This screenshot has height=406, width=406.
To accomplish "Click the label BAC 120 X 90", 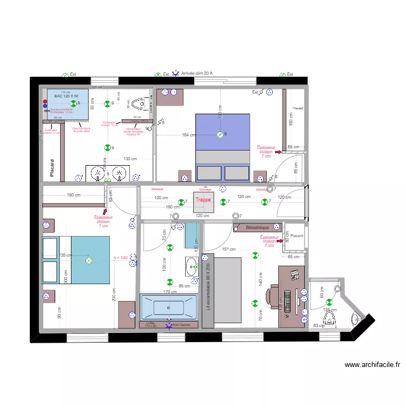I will coord(66,96).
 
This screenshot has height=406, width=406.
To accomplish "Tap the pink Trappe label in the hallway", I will coord(203,200).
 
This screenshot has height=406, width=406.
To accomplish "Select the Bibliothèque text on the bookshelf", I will coord(257,228).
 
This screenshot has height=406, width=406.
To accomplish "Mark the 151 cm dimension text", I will coord(229,250).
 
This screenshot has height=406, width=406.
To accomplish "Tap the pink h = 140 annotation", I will coord(120,258).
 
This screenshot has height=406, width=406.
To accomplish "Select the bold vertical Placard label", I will coord(53,168).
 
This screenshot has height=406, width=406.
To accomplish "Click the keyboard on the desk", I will coord(286,302).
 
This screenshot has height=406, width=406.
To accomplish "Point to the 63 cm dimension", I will coord(318,325).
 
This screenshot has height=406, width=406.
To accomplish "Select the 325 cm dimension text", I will coord(96,87).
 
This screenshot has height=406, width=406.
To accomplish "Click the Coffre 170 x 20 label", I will coord(150,324).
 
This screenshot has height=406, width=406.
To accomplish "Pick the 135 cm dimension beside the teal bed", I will coord(65,255).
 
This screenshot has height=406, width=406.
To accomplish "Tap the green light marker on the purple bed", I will coord(220,134).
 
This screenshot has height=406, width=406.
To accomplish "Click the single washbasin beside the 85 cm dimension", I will coord(191,266).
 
